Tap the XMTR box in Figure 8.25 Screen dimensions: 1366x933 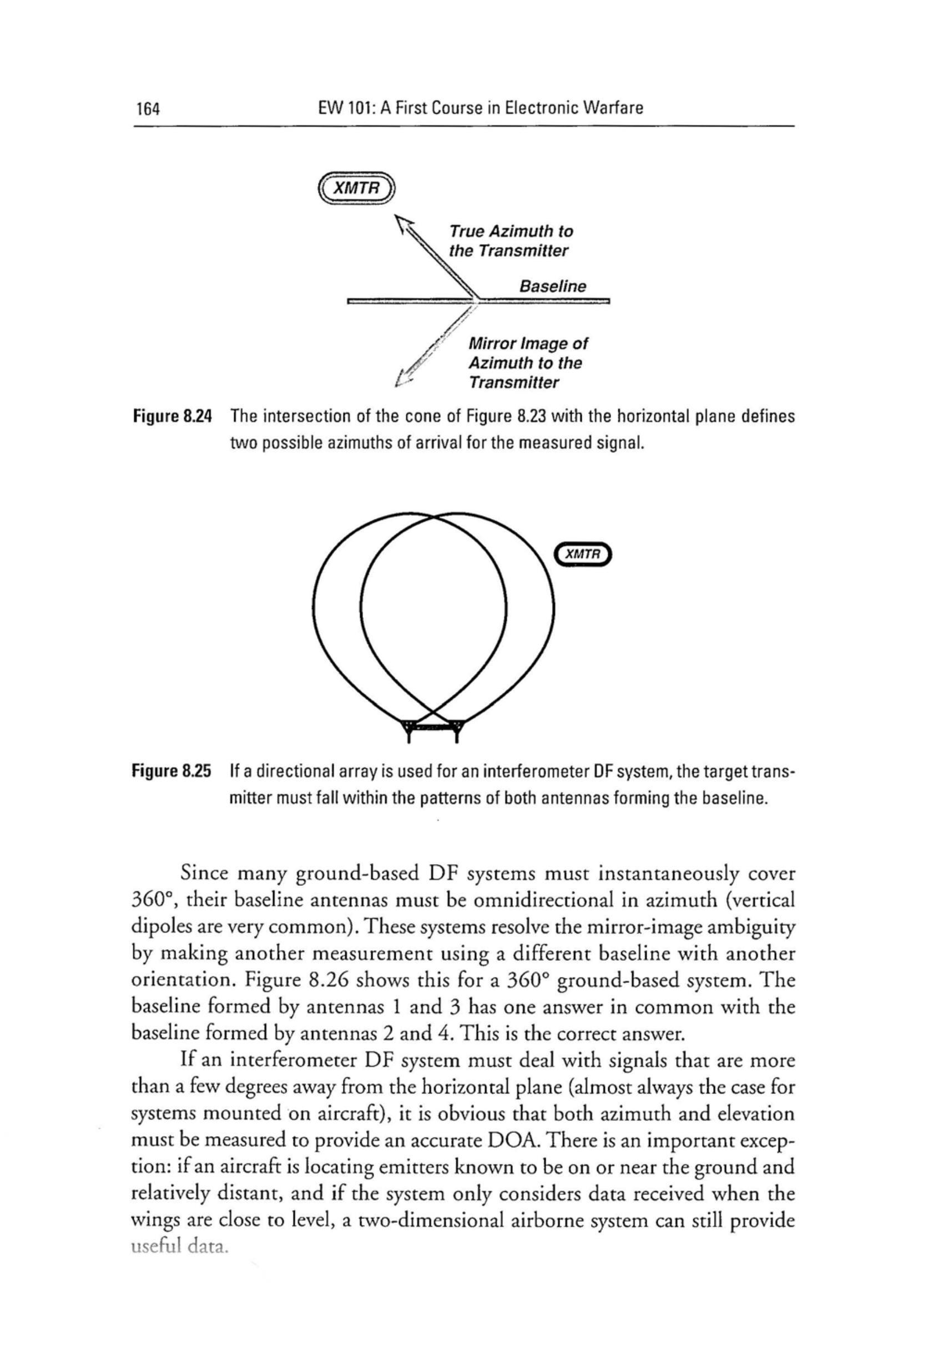click(583, 554)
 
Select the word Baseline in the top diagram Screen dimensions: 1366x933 click(553, 286)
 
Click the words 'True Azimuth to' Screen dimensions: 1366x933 click(510, 231)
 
